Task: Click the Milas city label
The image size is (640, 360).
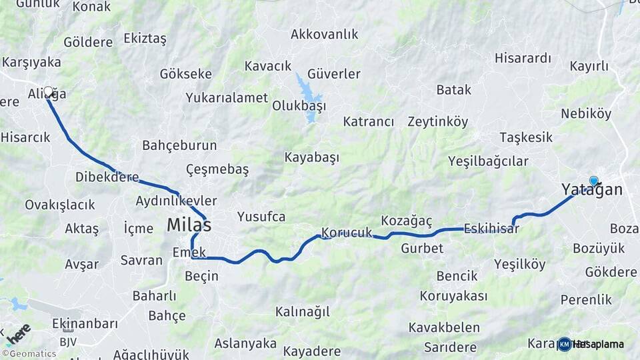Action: click(189, 225)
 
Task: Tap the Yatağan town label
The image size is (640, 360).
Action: click(592, 190)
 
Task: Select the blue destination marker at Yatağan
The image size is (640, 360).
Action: click(593, 180)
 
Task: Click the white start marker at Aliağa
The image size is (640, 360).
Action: click(48, 91)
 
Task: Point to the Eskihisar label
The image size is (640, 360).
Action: click(491, 227)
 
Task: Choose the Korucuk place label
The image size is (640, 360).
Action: click(346, 233)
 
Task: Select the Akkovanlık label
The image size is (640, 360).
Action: click(325, 34)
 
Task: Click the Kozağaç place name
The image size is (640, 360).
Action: click(407, 220)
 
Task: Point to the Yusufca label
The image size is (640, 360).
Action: click(261, 217)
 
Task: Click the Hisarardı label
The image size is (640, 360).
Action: click(523, 58)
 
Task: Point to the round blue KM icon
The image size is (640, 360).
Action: click(565, 344)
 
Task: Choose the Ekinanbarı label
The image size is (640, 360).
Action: click(85, 324)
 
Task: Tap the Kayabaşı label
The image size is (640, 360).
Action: click(312, 157)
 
